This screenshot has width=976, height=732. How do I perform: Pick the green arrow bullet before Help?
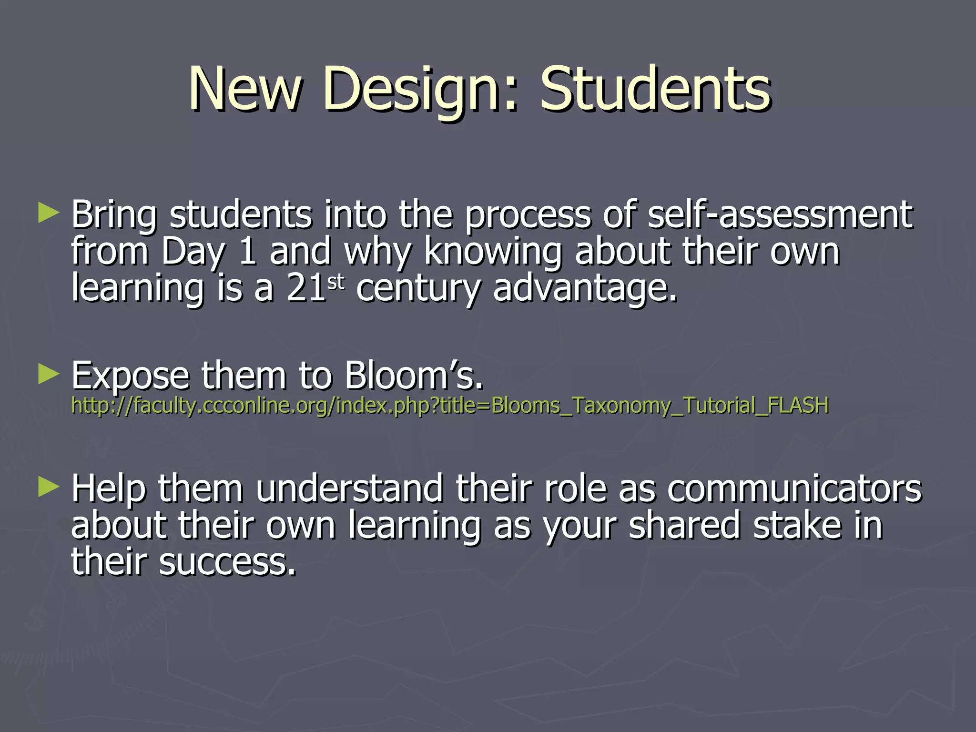click(49, 487)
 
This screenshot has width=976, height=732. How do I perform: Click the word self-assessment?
click(780, 214)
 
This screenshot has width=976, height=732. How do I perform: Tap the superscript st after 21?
click(335, 282)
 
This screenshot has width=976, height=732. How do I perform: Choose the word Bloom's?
click(413, 376)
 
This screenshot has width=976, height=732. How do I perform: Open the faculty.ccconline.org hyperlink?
click(449, 406)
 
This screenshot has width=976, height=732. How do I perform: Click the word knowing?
click(493, 252)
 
